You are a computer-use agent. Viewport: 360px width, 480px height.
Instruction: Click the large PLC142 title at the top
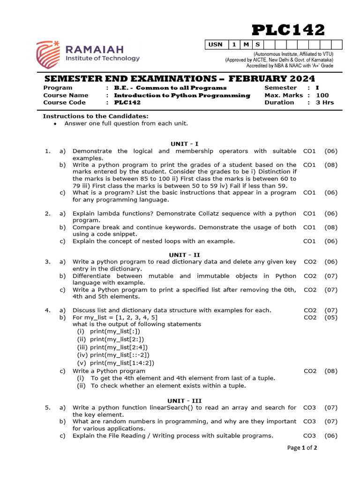288,30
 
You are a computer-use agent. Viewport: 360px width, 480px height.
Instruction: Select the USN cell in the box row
216,45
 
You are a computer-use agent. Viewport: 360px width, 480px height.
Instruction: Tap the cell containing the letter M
246,45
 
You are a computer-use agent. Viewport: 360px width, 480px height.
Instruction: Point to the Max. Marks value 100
322,95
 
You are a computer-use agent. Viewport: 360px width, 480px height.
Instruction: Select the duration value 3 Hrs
325,103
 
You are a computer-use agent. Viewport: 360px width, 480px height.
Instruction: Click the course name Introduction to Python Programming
182,95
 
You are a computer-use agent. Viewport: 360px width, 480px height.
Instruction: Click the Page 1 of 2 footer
302,448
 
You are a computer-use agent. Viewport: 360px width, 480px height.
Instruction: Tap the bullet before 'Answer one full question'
55,124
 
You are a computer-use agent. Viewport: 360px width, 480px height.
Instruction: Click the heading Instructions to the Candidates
96,116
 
